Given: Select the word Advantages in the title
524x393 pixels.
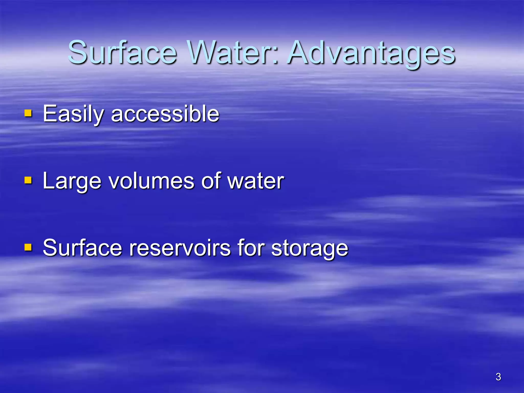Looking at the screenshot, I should point(371,54).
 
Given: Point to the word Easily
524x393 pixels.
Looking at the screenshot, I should point(73,114).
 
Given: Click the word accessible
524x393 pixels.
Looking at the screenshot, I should point(165,114).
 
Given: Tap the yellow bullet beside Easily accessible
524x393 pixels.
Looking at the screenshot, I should point(28,113).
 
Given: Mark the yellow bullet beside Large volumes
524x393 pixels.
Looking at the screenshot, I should point(28,180).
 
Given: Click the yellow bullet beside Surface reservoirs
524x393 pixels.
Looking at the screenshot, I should point(28,247).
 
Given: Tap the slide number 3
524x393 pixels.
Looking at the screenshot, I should point(498,377).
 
